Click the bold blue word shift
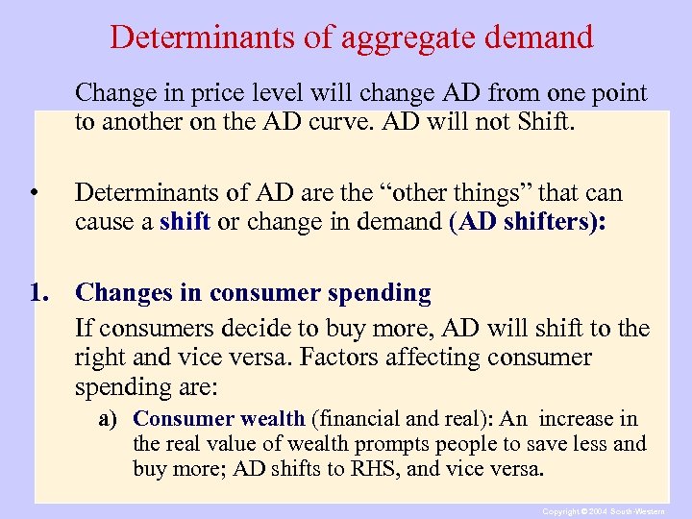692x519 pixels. pos(185,222)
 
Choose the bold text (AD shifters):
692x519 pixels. pos(528,222)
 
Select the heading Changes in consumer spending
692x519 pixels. pos(253,292)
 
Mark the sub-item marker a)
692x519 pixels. pos(112,419)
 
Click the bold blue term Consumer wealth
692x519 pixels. pos(219,419)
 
